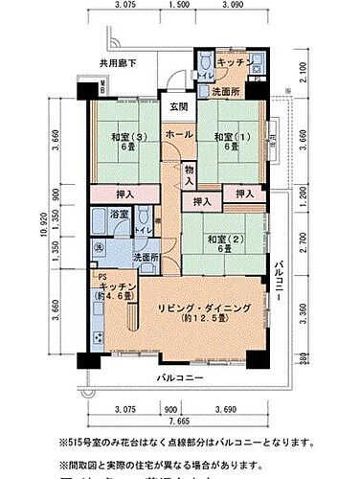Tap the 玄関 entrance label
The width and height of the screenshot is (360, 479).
tap(179, 106)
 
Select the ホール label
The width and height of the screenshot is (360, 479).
tap(176, 135)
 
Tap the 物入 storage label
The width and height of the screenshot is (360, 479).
tap(189, 173)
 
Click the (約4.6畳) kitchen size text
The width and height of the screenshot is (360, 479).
tap(121, 296)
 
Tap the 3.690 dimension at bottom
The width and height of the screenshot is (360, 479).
tap(226, 409)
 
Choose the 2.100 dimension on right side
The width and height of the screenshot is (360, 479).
tap(304, 70)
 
